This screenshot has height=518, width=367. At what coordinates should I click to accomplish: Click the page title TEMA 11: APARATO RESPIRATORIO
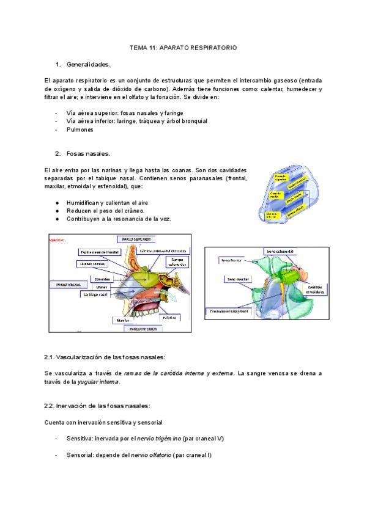tap(183, 47)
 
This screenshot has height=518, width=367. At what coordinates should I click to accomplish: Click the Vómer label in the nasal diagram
tap(102, 285)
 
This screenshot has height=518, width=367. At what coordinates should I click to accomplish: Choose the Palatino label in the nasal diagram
tap(169, 317)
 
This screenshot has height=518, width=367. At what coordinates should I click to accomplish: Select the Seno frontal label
tap(230, 260)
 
